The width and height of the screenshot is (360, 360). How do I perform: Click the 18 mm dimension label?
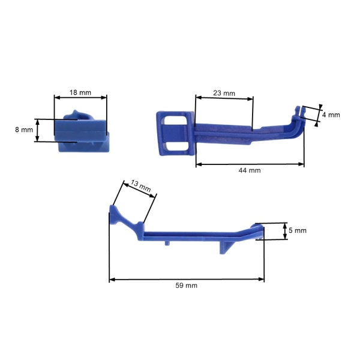(x=80, y=93)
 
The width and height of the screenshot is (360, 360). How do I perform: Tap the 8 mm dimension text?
(x=23, y=130)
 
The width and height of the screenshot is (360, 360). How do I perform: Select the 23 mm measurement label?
(x=224, y=94)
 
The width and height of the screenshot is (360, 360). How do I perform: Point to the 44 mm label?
(x=250, y=170)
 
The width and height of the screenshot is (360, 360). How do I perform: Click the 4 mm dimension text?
(x=331, y=115)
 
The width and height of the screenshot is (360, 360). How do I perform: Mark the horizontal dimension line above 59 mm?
(x=186, y=279)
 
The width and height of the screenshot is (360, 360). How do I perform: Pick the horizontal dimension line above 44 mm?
(x=250, y=164)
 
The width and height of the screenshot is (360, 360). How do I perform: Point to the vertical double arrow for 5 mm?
(x=284, y=231)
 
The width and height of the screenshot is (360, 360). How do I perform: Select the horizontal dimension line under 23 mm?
(x=224, y=100)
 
